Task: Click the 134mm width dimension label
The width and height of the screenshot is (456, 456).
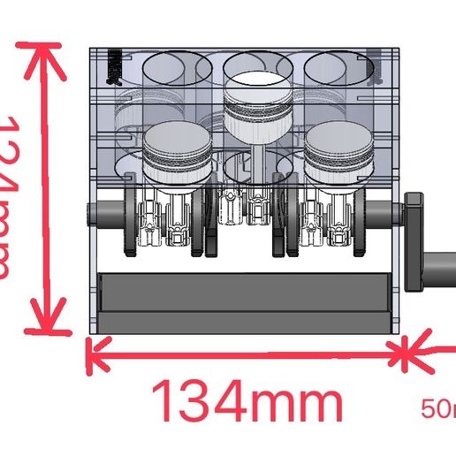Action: click(248, 404)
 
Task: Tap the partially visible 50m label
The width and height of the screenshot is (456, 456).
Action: click(438, 409)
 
